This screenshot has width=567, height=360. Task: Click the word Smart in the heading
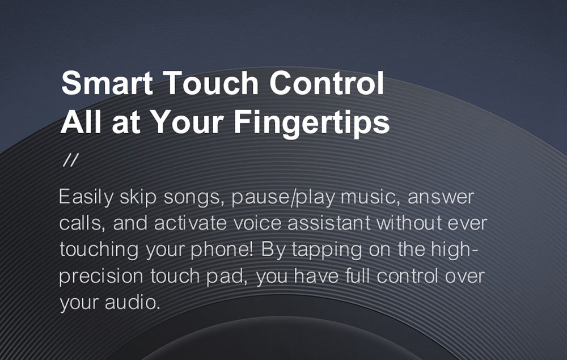pos(107,83)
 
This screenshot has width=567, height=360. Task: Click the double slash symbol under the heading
pos(70,160)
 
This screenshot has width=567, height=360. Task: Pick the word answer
pos(441,197)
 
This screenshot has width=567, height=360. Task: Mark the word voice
pos(257,223)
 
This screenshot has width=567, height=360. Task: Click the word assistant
pos(329,223)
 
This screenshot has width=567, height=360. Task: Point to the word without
pos(409,223)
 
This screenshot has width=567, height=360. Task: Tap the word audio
pos(133,303)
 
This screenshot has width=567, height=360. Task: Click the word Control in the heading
pos(327,83)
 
